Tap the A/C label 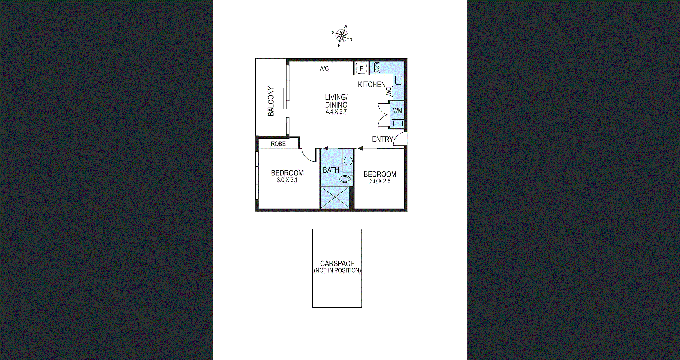[324, 69]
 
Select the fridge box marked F [361, 68]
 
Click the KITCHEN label [372, 84]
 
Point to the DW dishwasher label [388, 92]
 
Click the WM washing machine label [398, 110]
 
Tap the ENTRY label [383, 139]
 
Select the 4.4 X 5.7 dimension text [336, 112]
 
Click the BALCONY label [271, 101]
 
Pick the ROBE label [278, 144]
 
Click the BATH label [331, 170]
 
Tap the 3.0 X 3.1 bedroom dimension [287, 180]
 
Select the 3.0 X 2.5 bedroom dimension [380, 181]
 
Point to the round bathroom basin [348, 161]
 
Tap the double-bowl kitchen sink [377, 67]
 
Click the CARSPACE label [337, 263]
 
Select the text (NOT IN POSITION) [337, 270]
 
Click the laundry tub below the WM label [398, 123]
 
